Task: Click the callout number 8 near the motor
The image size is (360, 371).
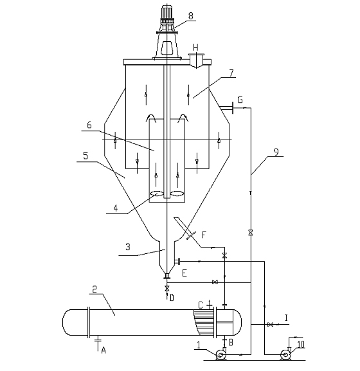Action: pyautogui.click(x=191, y=16)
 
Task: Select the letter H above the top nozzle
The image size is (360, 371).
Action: pyautogui.click(x=195, y=48)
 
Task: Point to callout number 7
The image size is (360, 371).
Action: pyautogui.click(x=231, y=73)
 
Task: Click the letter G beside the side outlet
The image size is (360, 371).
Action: pyautogui.click(x=240, y=100)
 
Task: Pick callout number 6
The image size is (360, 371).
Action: pyautogui.click(x=89, y=125)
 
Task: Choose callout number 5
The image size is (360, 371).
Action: pyautogui.click(x=85, y=156)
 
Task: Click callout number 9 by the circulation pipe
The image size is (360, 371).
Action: pyautogui.click(x=276, y=152)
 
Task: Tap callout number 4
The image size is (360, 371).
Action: pyautogui.click(x=116, y=208)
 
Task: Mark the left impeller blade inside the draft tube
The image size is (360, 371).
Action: pyautogui.click(x=157, y=194)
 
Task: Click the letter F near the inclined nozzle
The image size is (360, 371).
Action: pyautogui.click(x=204, y=235)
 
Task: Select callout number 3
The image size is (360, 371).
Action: pyautogui.click(x=128, y=247)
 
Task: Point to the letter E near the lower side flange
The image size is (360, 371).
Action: pyautogui.click(x=184, y=273)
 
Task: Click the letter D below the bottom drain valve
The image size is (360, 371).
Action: pyautogui.click(x=172, y=298)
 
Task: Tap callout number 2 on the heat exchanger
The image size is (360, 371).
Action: pyautogui.click(x=94, y=289)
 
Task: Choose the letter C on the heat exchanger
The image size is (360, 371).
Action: pyautogui.click(x=201, y=305)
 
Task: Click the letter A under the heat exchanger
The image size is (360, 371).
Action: pyautogui.click(x=104, y=350)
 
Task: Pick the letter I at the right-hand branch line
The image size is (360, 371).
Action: pyautogui.click(x=287, y=318)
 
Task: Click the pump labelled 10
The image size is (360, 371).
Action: pyautogui.click(x=285, y=354)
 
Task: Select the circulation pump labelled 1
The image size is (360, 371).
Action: pyautogui.click(x=221, y=354)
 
